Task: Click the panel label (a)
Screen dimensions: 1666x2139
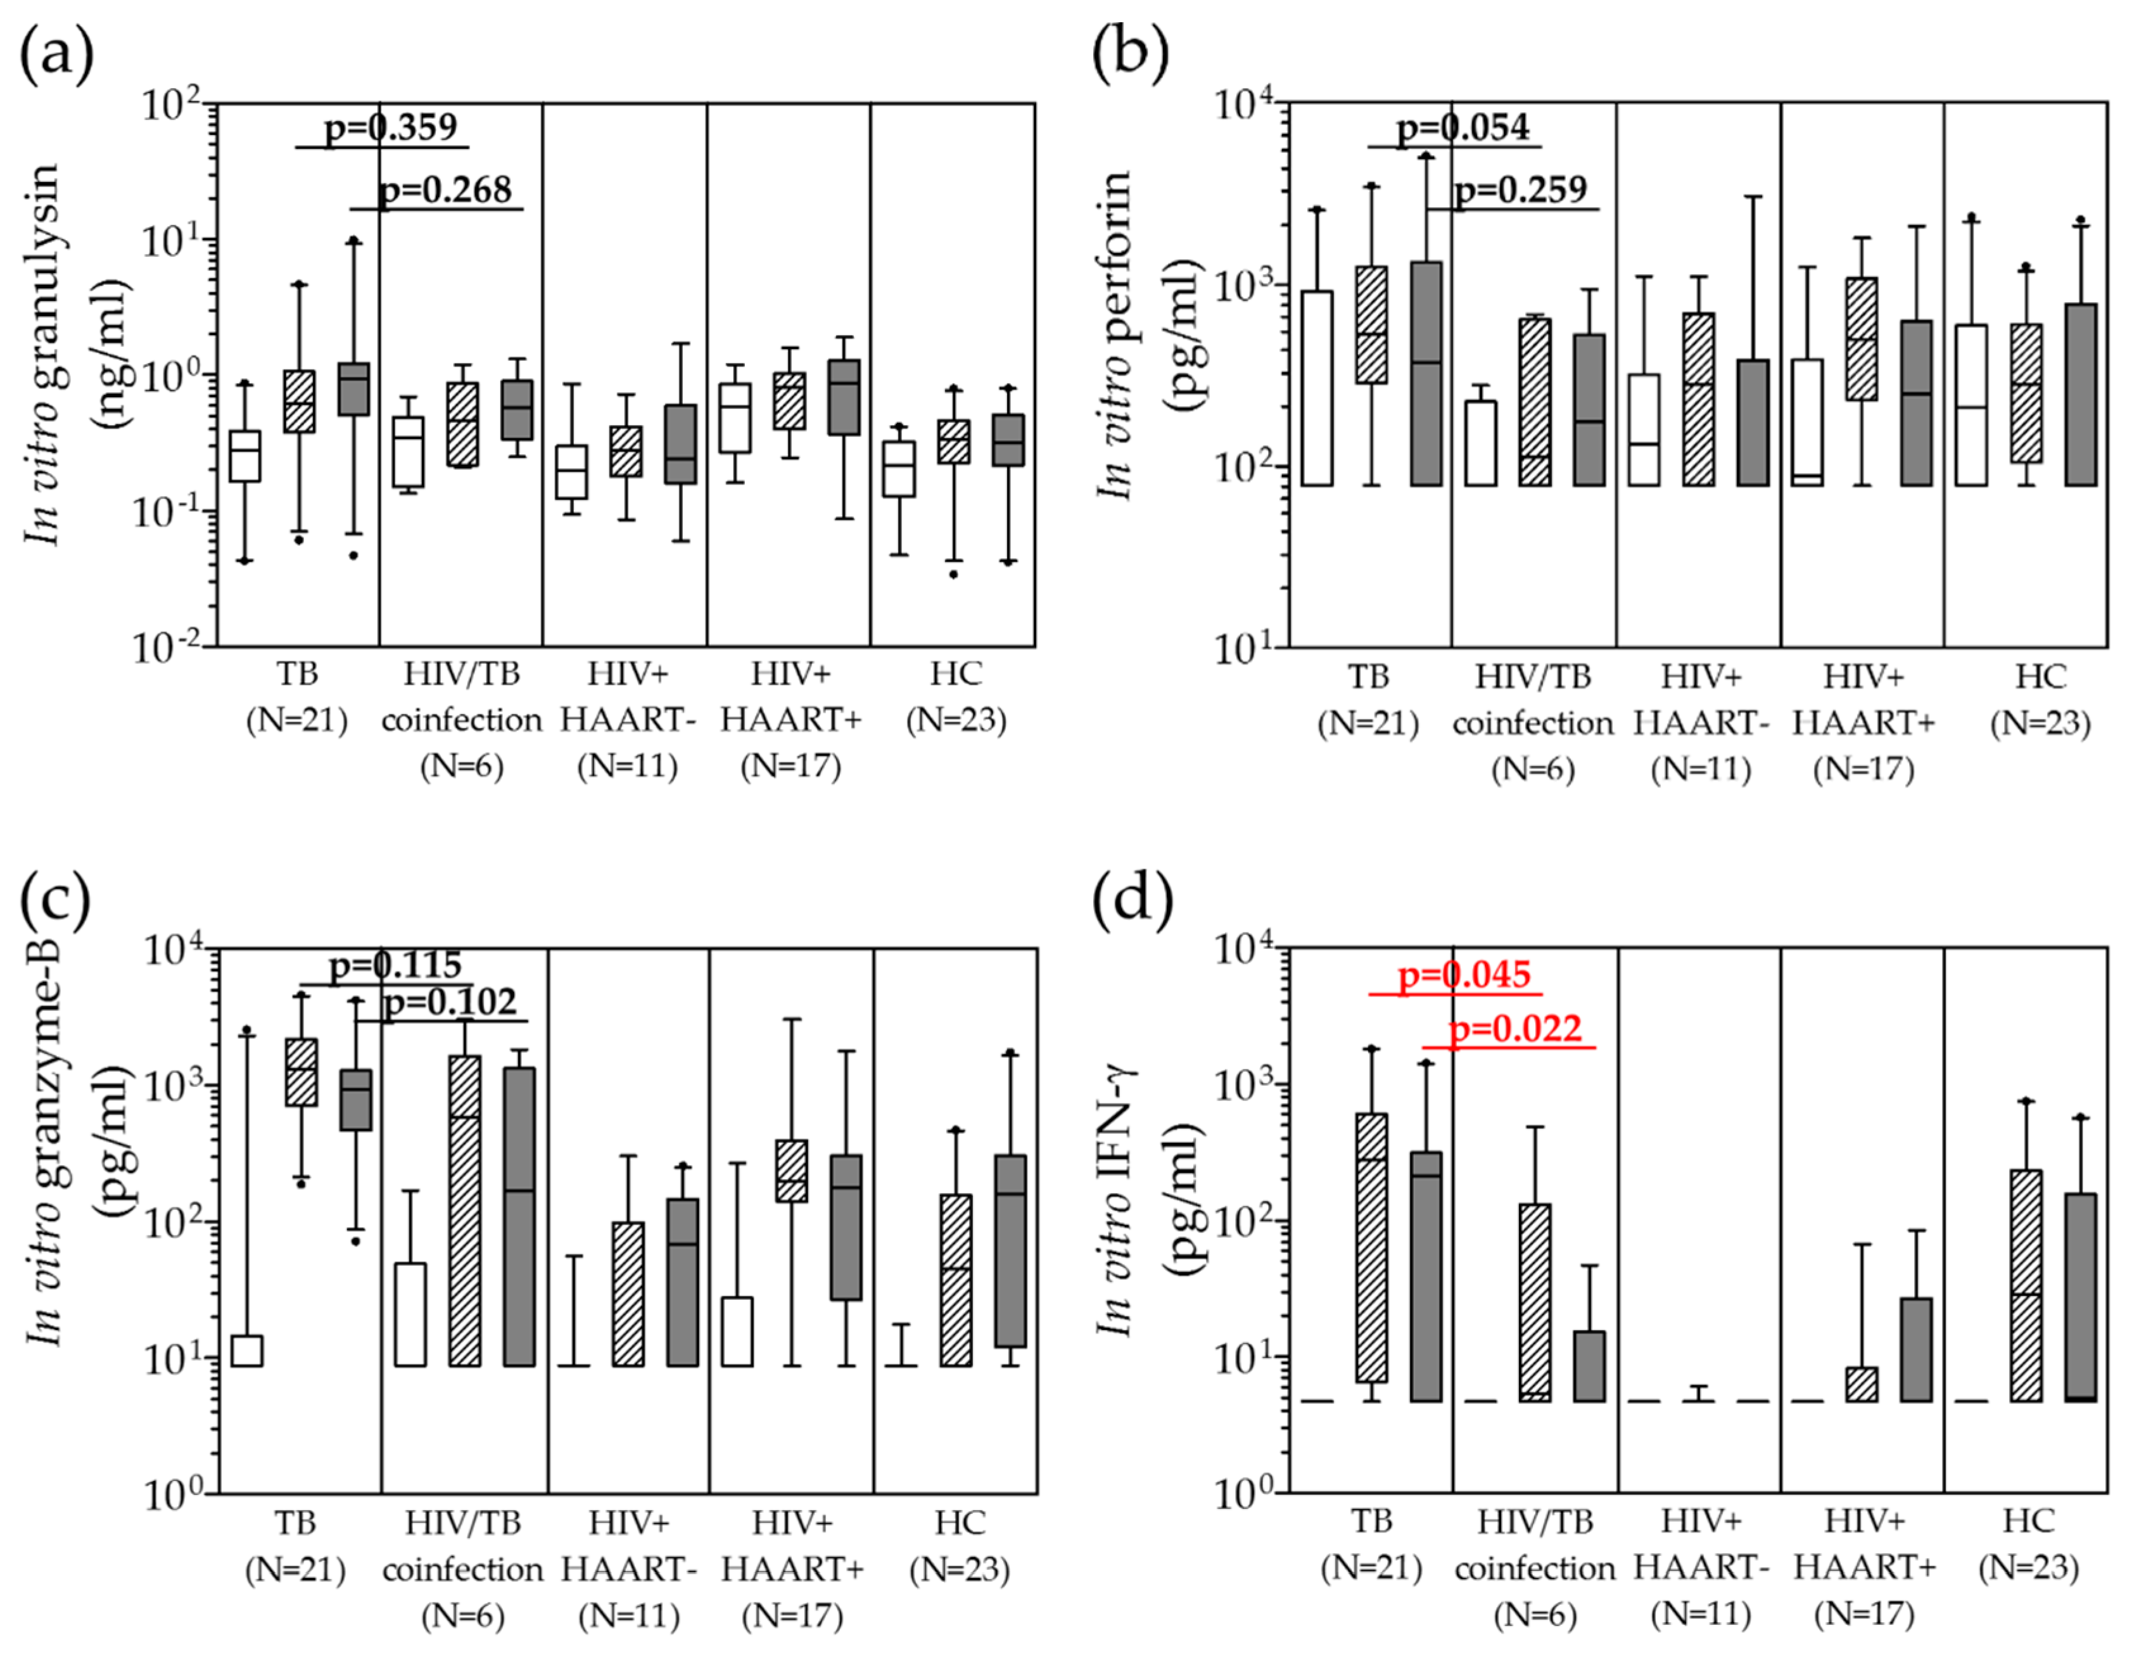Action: [x=57, y=54]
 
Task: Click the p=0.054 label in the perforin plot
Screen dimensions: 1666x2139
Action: [x=1463, y=127]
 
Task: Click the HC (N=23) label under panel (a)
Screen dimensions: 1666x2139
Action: [x=956, y=696]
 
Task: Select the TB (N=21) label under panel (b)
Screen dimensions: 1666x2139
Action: [x=1368, y=699]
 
